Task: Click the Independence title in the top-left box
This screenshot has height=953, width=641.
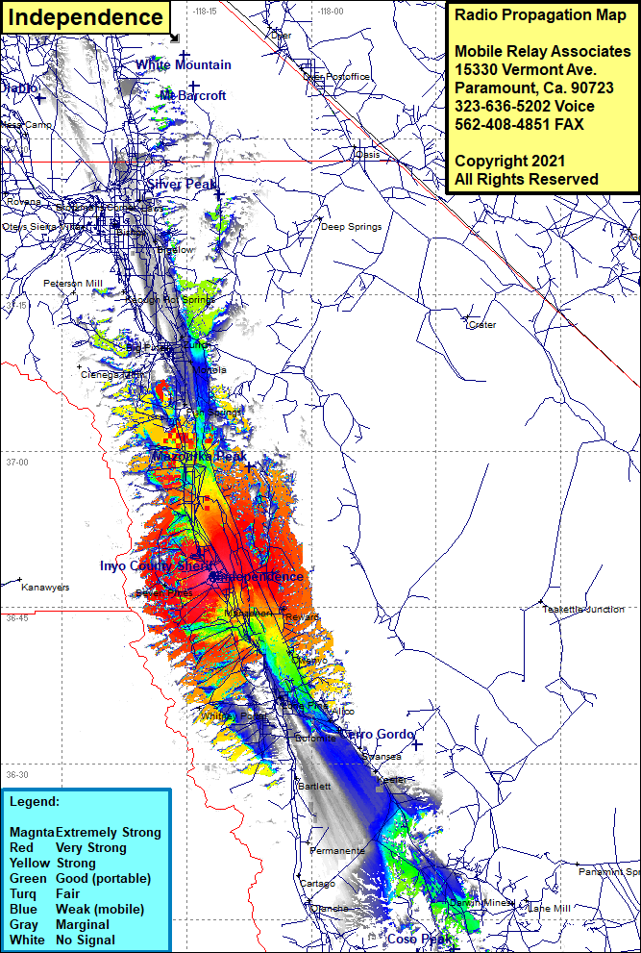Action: coord(86,17)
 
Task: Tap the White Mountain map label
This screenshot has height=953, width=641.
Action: coord(183,64)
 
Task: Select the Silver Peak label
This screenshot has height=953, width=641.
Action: coord(182,184)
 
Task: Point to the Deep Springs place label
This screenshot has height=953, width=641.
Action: coord(351,227)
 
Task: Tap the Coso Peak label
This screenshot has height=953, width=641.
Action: coord(418,939)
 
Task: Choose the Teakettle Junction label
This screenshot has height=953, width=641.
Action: coord(582,609)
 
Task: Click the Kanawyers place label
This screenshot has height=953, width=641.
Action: coord(45,587)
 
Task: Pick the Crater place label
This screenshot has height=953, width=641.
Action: coord(481,325)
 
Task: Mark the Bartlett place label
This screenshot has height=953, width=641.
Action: coord(315,786)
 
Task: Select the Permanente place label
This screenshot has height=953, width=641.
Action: coord(336,851)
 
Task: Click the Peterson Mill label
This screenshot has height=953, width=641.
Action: coord(72,284)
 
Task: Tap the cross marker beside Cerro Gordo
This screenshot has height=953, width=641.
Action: coord(417,743)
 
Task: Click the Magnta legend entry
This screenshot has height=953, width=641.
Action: coord(32,832)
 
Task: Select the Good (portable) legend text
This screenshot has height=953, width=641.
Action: coord(103,878)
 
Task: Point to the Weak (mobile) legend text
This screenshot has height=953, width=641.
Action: coord(100,909)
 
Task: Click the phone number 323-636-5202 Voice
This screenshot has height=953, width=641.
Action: coord(524,106)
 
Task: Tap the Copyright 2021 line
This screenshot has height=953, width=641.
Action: coord(505,161)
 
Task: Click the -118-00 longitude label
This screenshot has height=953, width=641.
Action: coord(330,12)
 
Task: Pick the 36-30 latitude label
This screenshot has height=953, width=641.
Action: coord(16,774)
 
